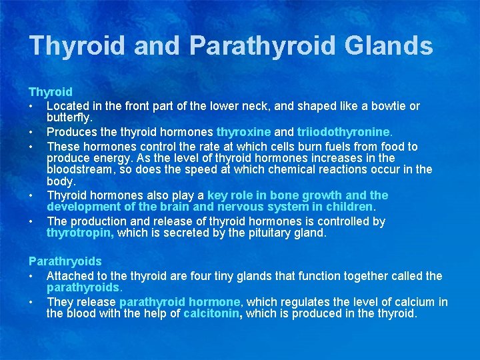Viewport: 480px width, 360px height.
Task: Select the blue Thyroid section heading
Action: [x=51, y=92]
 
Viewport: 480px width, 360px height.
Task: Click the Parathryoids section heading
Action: [x=65, y=262]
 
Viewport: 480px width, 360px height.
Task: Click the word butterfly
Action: [x=69, y=118]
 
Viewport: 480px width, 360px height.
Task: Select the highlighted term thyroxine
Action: [x=243, y=131]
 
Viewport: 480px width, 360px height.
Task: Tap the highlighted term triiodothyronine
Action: [x=333, y=131]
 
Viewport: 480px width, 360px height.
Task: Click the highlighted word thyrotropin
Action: [x=79, y=233]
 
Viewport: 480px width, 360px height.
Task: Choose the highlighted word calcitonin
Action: [x=211, y=313]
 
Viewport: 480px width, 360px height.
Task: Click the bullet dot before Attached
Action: [x=31, y=275]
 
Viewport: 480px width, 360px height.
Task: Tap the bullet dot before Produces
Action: [x=31, y=131]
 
